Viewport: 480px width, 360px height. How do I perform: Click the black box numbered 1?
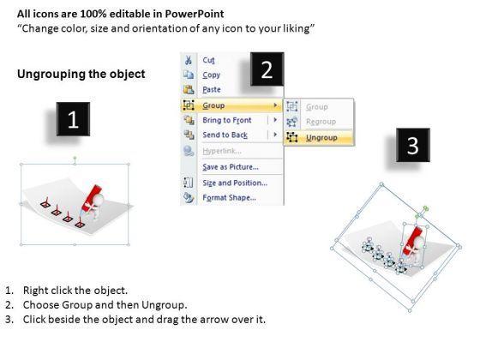coord(73,119)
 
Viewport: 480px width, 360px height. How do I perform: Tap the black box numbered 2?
coord(267,69)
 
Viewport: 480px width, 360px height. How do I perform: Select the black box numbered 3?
coord(413,145)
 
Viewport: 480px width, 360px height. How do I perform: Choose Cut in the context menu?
coord(209,60)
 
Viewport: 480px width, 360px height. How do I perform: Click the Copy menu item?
coord(211,75)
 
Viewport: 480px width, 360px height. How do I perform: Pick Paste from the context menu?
coord(212,89)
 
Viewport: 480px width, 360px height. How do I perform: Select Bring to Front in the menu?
coord(227,120)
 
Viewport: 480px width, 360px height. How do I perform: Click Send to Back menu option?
coord(225,135)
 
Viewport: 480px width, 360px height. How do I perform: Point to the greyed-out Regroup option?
coord(321,122)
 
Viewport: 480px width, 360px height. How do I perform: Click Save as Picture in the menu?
coord(231,167)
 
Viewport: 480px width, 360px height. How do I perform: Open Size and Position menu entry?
coord(235,183)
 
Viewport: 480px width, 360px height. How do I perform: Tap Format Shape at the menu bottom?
coord(230,197)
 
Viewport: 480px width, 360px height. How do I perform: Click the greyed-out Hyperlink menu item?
coord(222,151)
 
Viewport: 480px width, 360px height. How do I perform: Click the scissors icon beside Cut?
coord(189,60)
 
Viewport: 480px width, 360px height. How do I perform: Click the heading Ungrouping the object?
coord(81,75)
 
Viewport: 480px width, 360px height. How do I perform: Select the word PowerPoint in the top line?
coord(195,14)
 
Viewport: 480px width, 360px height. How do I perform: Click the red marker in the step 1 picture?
coord(91,198)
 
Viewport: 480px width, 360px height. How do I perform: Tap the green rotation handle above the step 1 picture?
coord(75,159)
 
